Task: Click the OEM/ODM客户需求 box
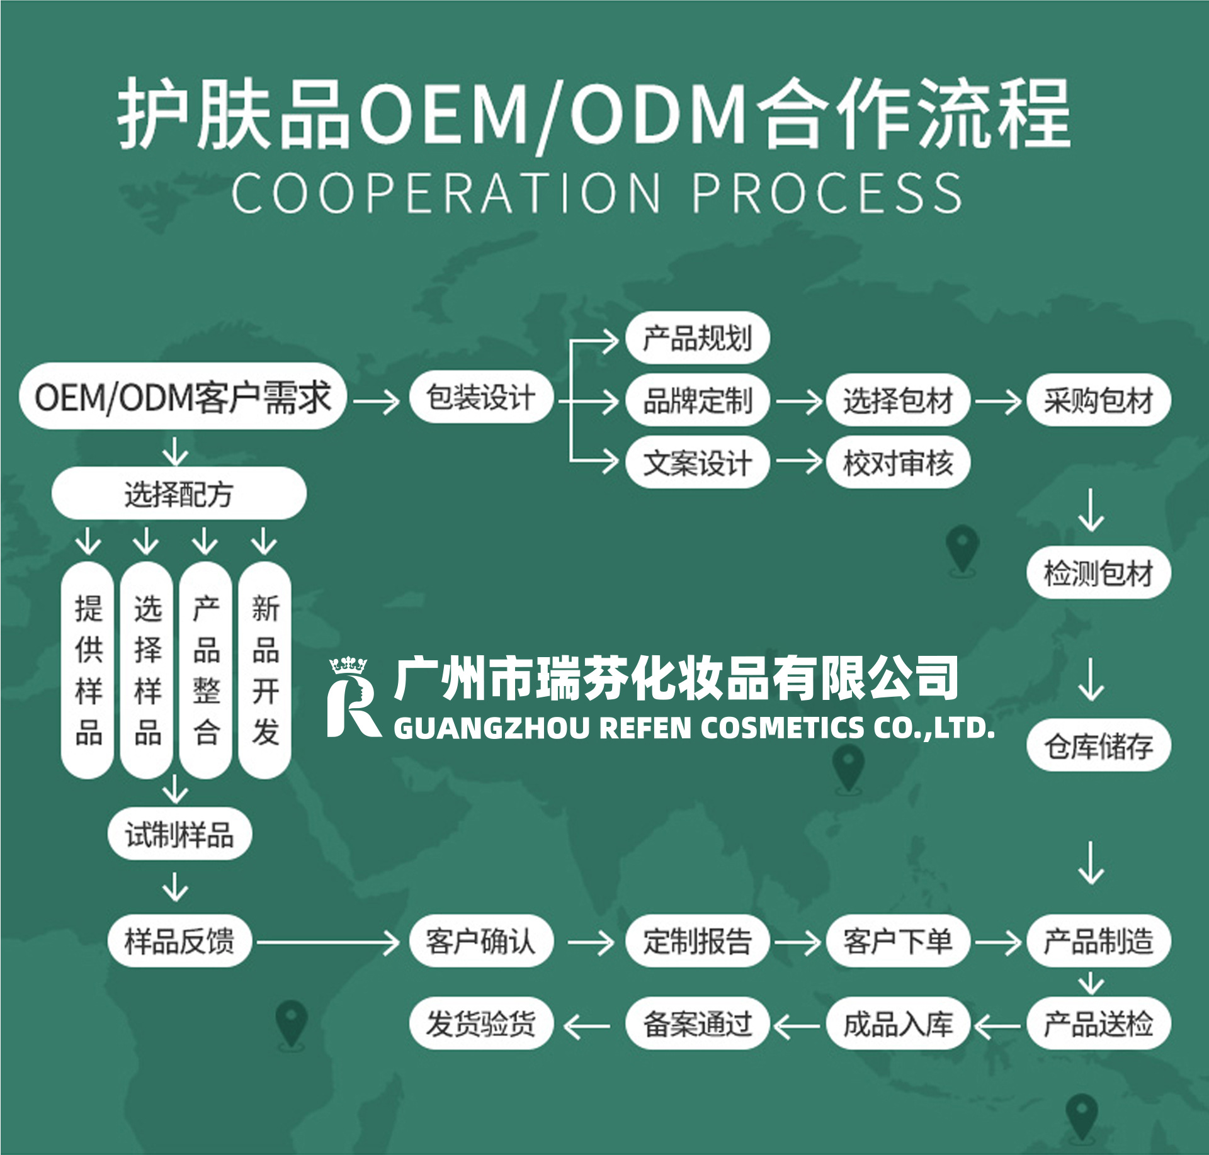[x=183, y=397]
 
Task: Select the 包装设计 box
[x=481, y=397]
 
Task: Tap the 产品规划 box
[x=698, y=338]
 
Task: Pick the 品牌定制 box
[x=698, y=400]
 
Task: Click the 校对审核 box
[x=898, y=463]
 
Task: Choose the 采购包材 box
[x=1099, y=400]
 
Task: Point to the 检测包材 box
[x=1099, y=573]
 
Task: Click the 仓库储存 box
[x=1099, y=746]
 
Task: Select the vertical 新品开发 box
[x=265, y=670]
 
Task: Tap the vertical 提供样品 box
[x=88, y=670]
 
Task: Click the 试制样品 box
[x=179, y=835]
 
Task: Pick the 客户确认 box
[x=481, y=941]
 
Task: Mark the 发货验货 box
[x=481, y=1023]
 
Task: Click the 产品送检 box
[x=1099, y=1023]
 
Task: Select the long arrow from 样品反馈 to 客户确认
[x=328, y=942]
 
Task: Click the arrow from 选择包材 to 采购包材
[x=998, y=401]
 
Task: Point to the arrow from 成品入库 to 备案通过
[x=797, y=1026]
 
